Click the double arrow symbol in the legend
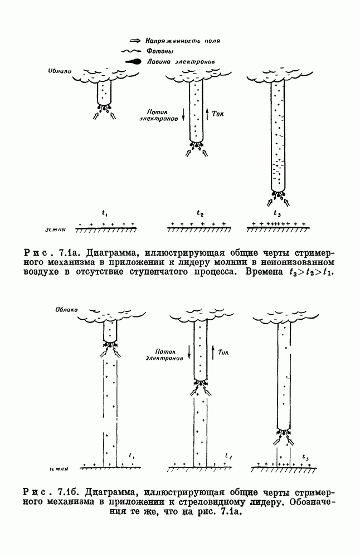click(134, 41)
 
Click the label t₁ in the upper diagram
click(105, 213)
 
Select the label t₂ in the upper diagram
click(200, 213)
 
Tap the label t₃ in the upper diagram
click(277, 213)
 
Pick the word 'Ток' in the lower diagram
click(225, 352)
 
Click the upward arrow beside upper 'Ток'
click(207, 114)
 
